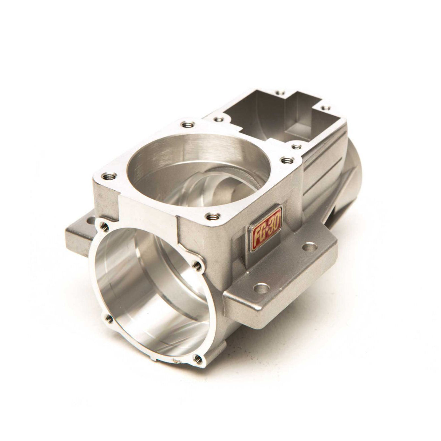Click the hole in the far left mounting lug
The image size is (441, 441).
click(x=90, y=221)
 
